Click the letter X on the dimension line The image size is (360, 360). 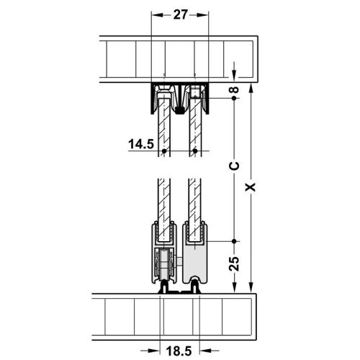(250, 187)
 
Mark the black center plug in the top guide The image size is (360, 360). (179, 110)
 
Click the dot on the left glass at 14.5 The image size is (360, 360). (164, 151)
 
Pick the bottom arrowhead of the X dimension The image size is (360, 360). (250, 287)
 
